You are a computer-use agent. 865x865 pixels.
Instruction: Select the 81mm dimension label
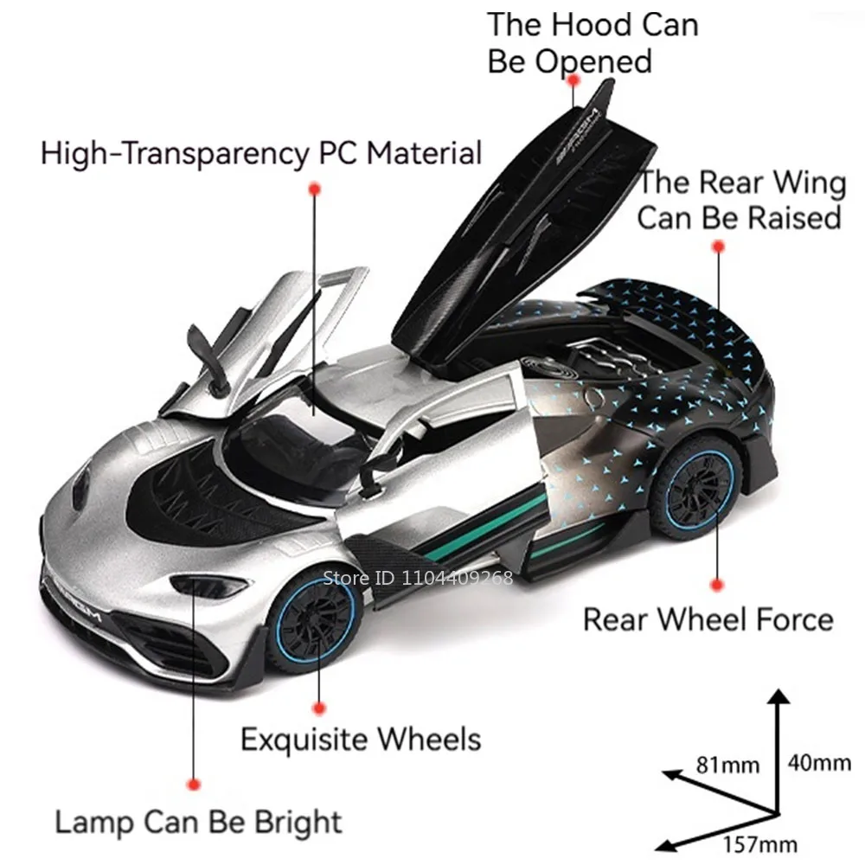click(727, 765)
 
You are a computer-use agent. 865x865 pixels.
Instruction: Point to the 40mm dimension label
click(818, 763)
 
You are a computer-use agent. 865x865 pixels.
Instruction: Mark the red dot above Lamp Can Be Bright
click(194, 784)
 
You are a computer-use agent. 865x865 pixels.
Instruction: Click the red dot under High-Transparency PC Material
click(315, 188)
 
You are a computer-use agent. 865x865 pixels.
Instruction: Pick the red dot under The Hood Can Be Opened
click(572, 80)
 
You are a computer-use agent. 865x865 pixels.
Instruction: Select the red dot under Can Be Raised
click(717, 247)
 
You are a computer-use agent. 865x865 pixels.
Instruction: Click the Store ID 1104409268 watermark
click(418, 578)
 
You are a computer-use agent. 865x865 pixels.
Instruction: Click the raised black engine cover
click(510, 216)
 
